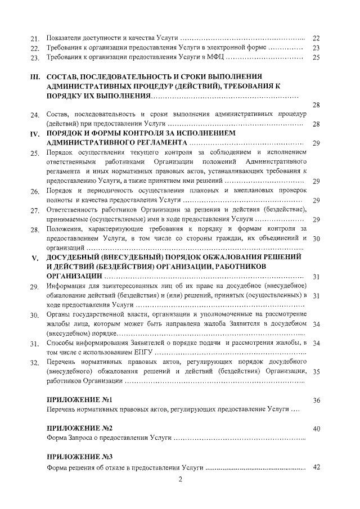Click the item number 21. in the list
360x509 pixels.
point(34,38)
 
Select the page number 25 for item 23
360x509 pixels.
point(316,57)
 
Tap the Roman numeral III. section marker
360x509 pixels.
point(33,76)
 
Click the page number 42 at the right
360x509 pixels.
point(316,467)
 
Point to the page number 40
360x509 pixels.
point(316,429)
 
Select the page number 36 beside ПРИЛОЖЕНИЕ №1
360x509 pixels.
point(316,416)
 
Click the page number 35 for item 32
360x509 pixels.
point(316,387)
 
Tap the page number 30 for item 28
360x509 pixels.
point(316,238)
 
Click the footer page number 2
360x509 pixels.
point(181,479)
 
